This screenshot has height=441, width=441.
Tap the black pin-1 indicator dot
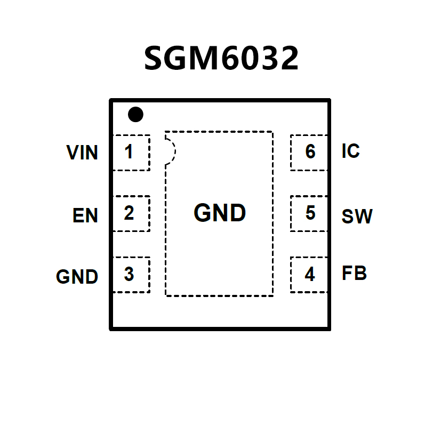coord(135,114)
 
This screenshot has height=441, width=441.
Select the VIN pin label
coord(82,153)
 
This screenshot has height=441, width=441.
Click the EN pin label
coord(85,216)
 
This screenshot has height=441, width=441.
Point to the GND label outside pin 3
coord(77,277)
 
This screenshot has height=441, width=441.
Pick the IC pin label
coord(350,151)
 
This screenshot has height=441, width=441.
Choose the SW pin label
coord(357,217)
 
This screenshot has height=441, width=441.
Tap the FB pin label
coord(354,274)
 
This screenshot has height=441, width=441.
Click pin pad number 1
coord(129,153)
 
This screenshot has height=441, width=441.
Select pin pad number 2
coord(129,213)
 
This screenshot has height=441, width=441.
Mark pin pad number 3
coord(129,274)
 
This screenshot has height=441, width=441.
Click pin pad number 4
coord(310,275)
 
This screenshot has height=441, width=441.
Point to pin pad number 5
coord(310,213)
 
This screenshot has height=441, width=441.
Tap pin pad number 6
coord(310,153)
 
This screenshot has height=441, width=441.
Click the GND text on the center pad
coord(220,213)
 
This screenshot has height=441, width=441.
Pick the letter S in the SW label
coord(348,217)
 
